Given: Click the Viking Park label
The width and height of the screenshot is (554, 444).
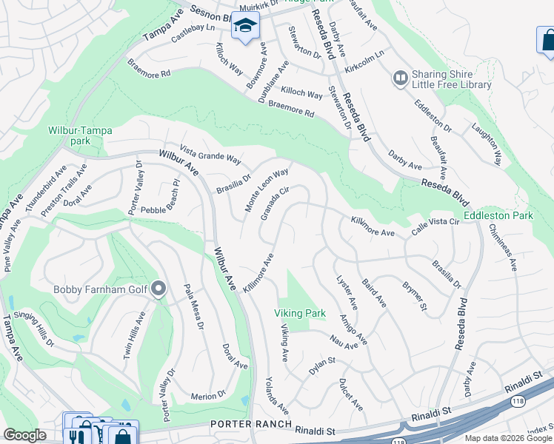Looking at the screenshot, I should pyautogui.click(x=300, y=314).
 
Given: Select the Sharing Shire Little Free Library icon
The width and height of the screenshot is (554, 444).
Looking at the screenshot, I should pyautogui.click(x=401, y=77).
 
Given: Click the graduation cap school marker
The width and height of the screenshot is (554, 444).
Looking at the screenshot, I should pyautogui.click(x=245, y=27).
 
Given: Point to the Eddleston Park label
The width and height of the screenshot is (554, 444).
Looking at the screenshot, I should pyautogui.click(x=498, y=216).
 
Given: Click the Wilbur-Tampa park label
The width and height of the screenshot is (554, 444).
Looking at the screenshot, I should pyautogui.click(x=80, y=135).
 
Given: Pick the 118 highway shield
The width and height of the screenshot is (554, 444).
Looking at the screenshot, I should pyautogui.click(x=516, y=402).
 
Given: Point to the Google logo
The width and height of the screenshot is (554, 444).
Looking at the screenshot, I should pyautogui.click(x=25, y=435).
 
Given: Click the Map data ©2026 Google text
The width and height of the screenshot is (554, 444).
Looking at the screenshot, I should pyautogui.click(x=507, y=438).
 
